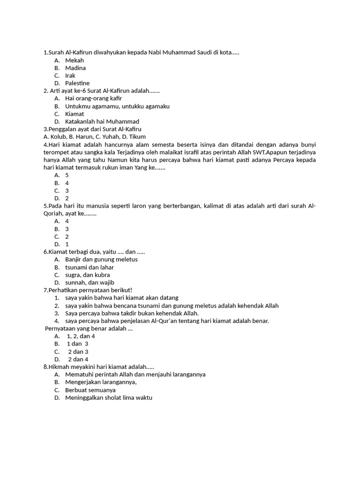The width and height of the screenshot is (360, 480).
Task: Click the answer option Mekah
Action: click(x=75, y=60)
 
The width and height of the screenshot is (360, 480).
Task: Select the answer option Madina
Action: click(x=75, y=68)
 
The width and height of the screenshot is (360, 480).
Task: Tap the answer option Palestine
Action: click(x=77, y=83)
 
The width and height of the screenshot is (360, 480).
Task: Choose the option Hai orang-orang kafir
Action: click(x=93, y=98)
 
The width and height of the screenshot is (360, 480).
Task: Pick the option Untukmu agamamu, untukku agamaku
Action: click(x=117, y=106)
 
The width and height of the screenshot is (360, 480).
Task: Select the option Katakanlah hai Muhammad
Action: click(x=102, y=121)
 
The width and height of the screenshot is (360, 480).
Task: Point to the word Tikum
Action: click(x=137, y=137)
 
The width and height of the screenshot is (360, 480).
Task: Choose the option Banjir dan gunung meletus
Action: click(x=101, y=259)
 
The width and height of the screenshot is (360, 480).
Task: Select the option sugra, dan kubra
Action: click(x=88, y=275)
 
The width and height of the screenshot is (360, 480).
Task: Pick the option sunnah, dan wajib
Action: click(x=90, y=283)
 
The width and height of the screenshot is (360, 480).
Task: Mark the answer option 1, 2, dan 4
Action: click(x=81, y=336)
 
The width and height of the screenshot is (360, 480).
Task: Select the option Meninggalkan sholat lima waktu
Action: click(x=109, y=398)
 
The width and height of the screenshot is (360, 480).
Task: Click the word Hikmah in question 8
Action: click(x=59, y=367)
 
